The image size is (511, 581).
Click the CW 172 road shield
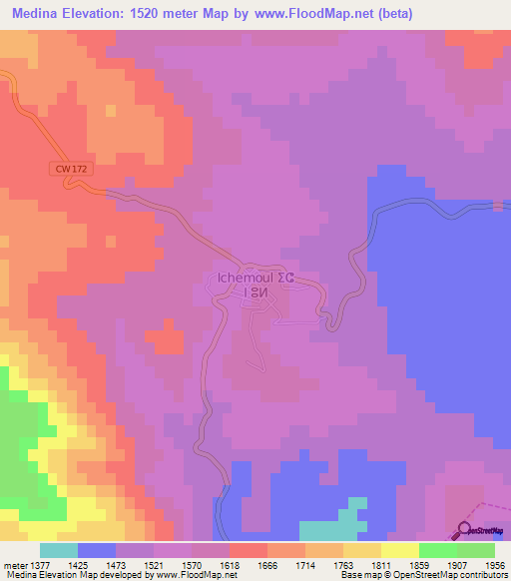pos(72,169)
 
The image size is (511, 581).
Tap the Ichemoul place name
pos(238,278)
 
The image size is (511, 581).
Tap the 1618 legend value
pos(210,565)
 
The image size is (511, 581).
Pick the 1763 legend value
pos(324,565)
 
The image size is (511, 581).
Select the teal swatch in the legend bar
pos(59,550)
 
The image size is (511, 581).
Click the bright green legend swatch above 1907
pos(438,550)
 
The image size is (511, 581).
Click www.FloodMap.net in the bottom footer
pos(203,576)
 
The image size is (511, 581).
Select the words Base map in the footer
pos(355,576)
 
